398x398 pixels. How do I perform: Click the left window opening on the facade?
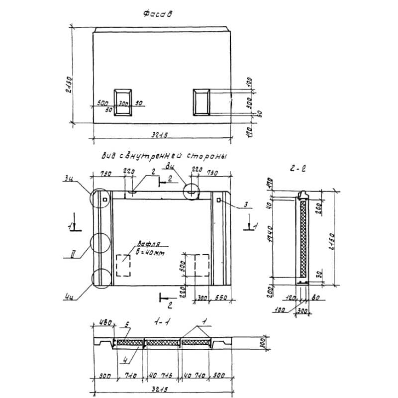[x=123, y=103]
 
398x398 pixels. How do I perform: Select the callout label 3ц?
[x=68, y=178]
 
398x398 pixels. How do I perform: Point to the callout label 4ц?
[x=69, y=298]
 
